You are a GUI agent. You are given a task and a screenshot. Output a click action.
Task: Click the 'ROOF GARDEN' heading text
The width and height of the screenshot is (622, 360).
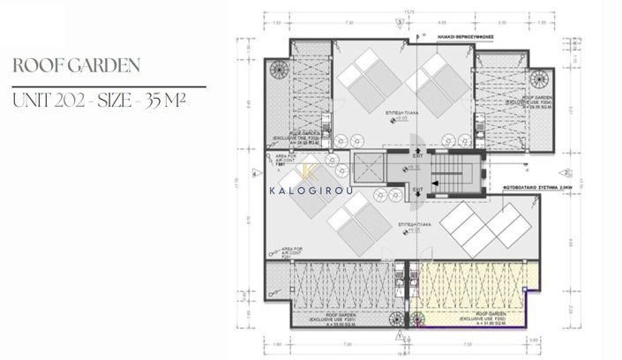77,66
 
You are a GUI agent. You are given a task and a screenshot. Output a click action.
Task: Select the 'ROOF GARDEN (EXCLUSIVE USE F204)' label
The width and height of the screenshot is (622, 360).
539,102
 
